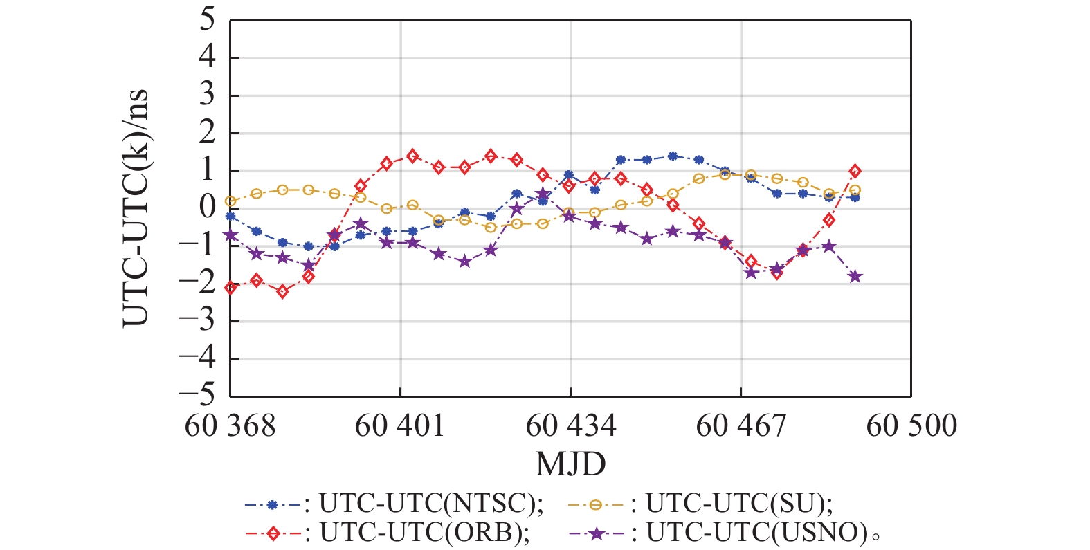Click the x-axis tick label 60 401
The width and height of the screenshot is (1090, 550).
[x=399, y=425]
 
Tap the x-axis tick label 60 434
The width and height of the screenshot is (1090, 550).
[x=570, y=425]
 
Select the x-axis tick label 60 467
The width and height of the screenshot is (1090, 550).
[x=741, y=425]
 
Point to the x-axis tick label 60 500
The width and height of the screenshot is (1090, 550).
[x=911, y=425]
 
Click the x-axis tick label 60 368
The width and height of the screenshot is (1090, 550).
[x=230, y=425]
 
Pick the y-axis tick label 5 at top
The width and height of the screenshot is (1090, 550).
[x=208, y=20]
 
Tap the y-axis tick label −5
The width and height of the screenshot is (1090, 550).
[x=198, y=396]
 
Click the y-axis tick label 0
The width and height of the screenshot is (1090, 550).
[x=208, y=208]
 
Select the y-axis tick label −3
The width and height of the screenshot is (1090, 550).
[x=198, y=320]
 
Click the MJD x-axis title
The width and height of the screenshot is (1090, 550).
[x=570, y=464]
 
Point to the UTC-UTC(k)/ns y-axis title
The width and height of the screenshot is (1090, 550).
[x=136, y=208]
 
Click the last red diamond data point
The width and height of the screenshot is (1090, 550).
[x=855, y=171]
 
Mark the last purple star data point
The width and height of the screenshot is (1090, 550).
[x=855, y=277]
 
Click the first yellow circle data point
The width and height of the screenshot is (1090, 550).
[x=230, y=201]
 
